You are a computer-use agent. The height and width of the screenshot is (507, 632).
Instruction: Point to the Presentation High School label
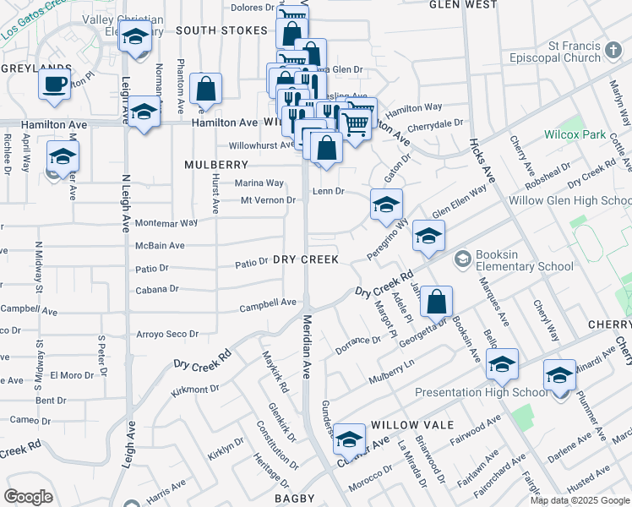482,392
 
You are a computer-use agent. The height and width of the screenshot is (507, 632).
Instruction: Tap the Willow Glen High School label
570,201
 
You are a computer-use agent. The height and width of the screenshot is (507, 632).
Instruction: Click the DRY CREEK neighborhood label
305,260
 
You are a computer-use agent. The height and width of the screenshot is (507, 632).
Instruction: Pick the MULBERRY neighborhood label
217,165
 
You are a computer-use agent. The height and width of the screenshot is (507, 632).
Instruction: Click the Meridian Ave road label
308,346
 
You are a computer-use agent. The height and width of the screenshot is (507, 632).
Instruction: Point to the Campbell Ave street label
268,302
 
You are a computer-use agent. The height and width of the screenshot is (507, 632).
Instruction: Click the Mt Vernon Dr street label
268,200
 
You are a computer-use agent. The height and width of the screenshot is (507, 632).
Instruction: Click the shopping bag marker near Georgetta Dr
436,302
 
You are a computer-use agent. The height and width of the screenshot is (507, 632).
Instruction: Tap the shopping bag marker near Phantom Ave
206,88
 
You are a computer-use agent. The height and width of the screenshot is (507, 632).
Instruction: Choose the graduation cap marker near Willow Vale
349,439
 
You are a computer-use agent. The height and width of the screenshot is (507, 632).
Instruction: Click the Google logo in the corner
28,497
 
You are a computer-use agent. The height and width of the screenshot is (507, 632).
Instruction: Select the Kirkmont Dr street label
195,390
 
